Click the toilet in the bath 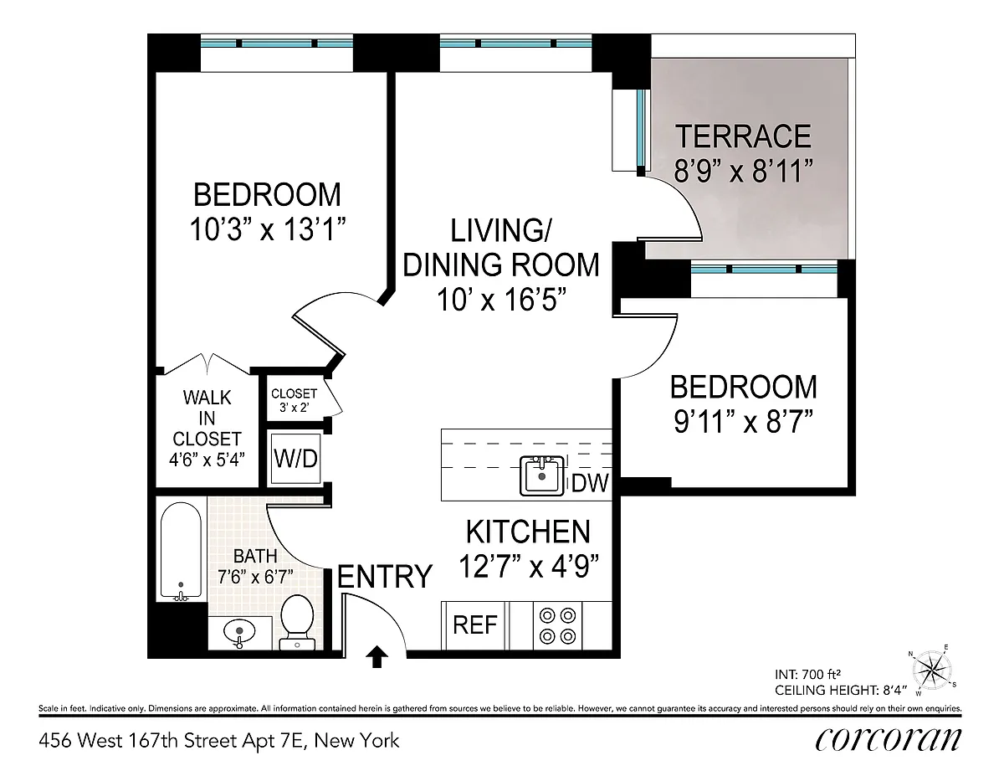[x=297, y=623]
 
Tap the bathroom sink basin [x=239, y=631]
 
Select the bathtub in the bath [x=181, y=552]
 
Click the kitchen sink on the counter [x=542, y=475]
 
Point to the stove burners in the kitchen [x=558, y=626]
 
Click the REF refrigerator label [x=475, y=624]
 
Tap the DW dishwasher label [x=590, y=483]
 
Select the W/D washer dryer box [x=295, y=459]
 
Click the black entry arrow [x=377, y=657]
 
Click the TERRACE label [x=743, y=136]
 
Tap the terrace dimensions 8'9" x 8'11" [x=743, y=171]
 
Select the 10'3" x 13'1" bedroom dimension [x=268, y=229]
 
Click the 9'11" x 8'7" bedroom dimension [x=743, y=422]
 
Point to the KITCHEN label [x=528, y=532]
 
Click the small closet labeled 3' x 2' [x=295, y=400]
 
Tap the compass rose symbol [x=932, y=671]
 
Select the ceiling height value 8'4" [x=894, y=690]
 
